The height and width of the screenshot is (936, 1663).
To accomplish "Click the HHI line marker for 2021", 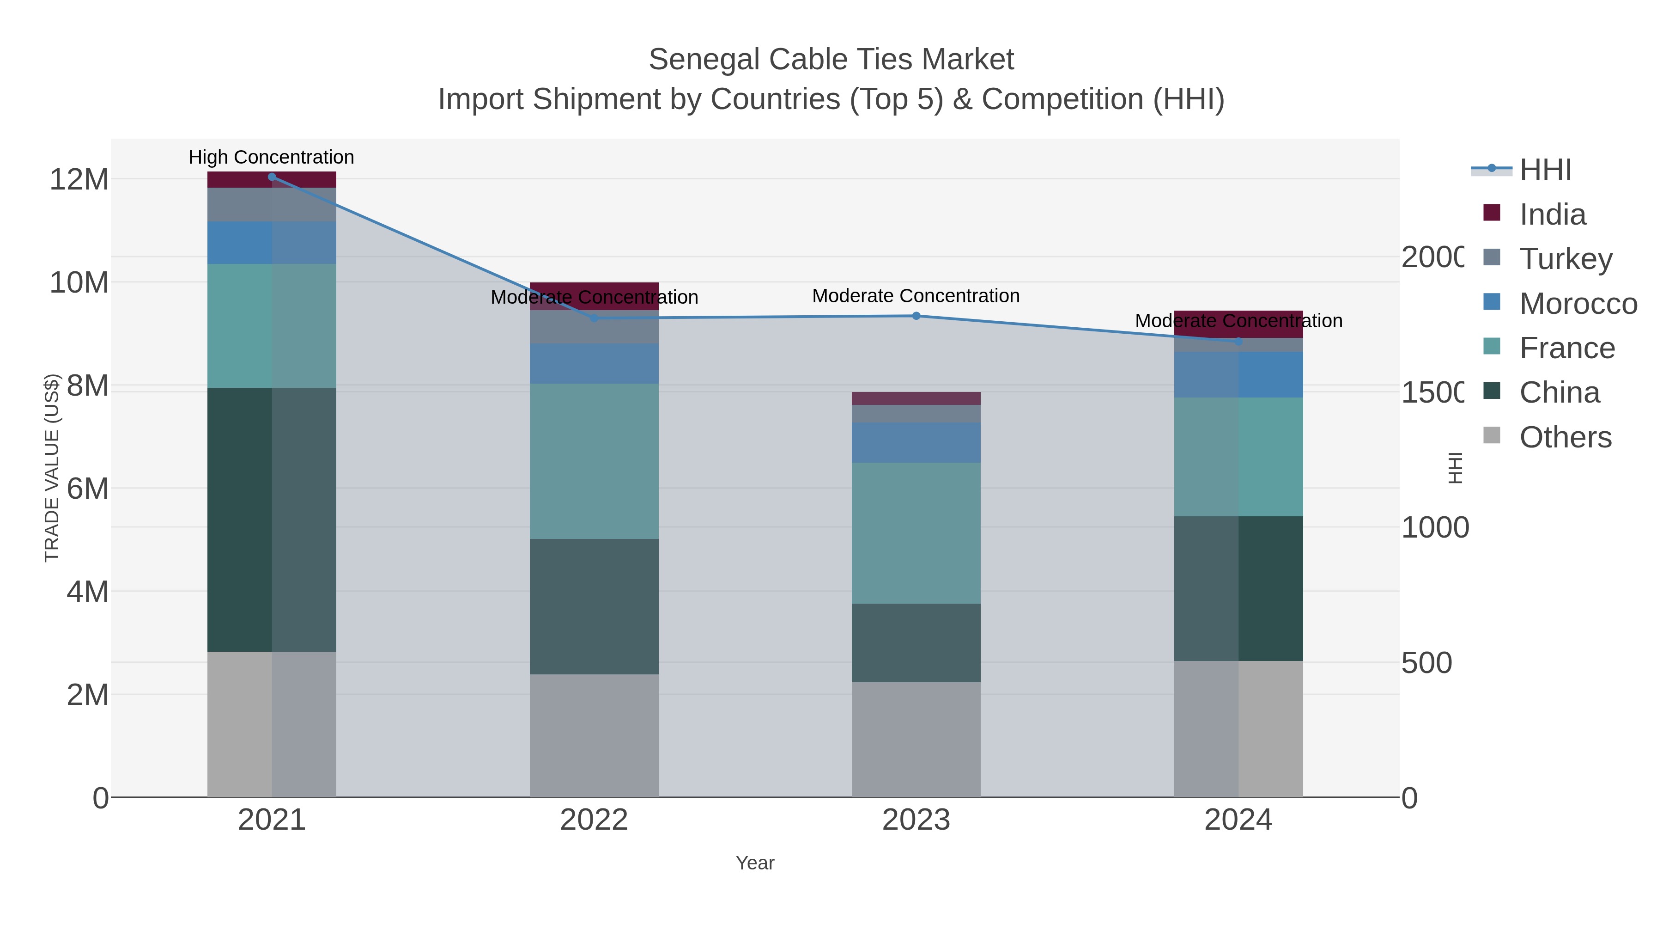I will point(272,177).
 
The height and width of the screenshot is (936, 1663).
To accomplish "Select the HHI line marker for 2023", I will point(916,316).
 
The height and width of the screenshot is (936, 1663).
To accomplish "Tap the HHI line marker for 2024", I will point(1238,341).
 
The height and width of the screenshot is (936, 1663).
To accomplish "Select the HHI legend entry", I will point(1544,170).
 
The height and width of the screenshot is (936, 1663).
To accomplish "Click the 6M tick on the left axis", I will point(87,489).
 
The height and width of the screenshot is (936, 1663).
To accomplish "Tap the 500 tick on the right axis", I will point(1426,663).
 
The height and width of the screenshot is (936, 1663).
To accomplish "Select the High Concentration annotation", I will point(271,157).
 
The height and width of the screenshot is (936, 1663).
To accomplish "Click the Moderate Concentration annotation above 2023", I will point(916,296).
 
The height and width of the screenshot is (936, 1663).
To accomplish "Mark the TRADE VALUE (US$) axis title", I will point(52,468).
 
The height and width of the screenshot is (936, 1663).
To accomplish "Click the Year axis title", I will point(755,863).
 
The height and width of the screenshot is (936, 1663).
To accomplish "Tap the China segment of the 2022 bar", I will point(594,606).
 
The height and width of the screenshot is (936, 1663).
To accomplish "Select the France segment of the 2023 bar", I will point(916,533).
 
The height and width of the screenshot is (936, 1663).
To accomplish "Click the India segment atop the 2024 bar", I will point(1238,324).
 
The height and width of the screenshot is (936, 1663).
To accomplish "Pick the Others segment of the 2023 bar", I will point(916,740).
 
